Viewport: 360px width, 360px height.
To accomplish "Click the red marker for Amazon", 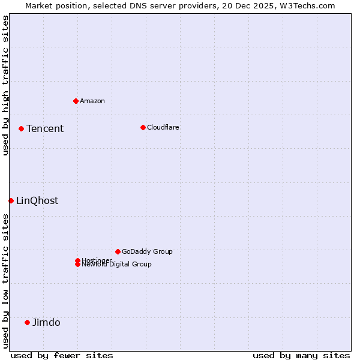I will click(x=76, y=101).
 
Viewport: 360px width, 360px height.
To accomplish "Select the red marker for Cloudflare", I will click(x=143, y=127).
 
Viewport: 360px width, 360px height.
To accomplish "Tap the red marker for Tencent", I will click(x=21, y=128).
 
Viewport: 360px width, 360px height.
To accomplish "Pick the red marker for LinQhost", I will click(x=11, y=200).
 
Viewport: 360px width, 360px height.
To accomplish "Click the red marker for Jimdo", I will click(x=27, y=322).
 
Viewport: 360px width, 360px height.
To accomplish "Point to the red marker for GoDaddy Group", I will click(x=118, y=251).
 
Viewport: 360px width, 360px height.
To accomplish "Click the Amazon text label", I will click(x=92, y=101).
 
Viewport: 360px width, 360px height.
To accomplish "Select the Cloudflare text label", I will click(x=163, y=127).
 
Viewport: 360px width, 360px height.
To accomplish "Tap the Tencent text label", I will click(x=45, y=128).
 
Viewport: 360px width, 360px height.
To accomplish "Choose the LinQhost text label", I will click(x=37, y=200).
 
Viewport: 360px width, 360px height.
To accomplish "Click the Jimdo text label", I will click(x=46, y=322).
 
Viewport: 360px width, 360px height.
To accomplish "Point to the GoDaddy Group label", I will click(x=147, y=251).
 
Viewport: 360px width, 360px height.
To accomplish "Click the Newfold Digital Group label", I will click(x=116, y=265).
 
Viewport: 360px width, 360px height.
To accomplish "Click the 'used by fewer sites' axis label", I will click(x=62, y=355).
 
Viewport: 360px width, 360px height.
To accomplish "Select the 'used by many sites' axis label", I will click(x=301, y=355).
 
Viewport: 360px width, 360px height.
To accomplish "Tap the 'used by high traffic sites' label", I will click(x=5, y=85).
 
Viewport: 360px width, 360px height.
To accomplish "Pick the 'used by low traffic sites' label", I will click(x=5, y=281).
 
